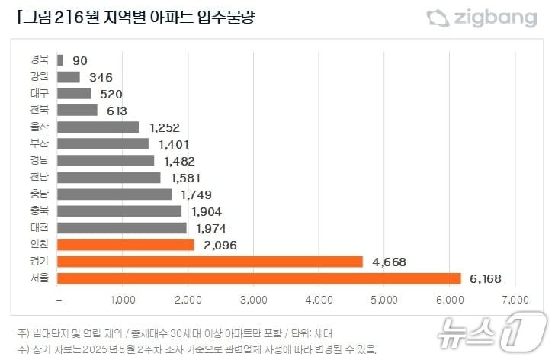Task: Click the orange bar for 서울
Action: coord(259,278)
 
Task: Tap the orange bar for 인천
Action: coord(126,245)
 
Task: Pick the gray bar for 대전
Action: coord(122,228)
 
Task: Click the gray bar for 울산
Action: coord(98,127)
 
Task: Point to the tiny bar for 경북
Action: coord(60,59)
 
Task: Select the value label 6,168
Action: coord(485,279)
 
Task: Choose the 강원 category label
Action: coord(40,76)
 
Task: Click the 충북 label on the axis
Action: coord(40,211)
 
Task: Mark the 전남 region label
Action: coord(40,178)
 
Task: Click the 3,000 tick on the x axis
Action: coord(254,297)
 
